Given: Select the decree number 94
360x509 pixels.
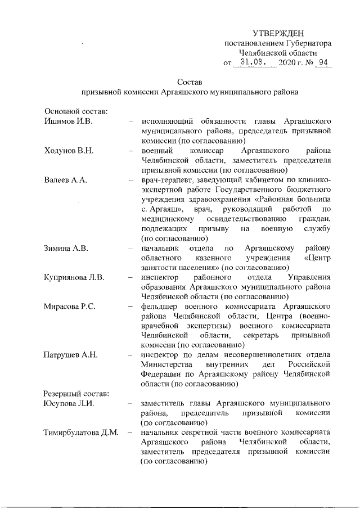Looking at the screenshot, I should click(322, 63).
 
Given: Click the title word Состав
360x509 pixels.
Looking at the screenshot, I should click(188, 82).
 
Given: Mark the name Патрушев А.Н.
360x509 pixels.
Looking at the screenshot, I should click(71, 354).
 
